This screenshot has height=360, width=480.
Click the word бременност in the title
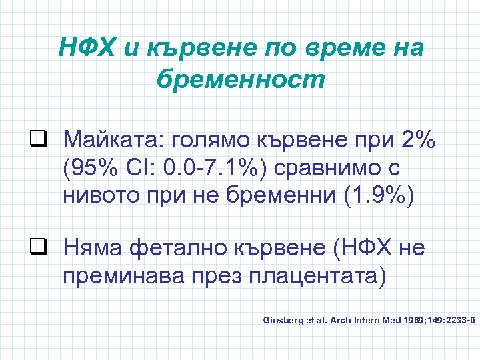[x=240, y=79]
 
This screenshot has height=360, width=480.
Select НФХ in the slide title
[x=83, y=48]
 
